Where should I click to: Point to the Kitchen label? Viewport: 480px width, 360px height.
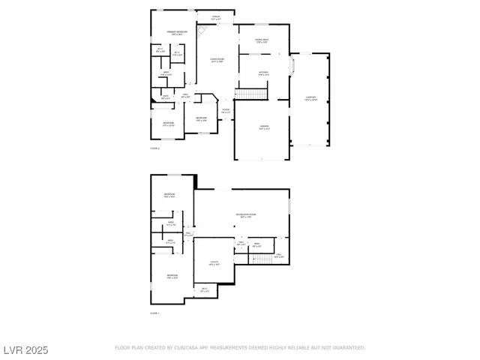(262, 73)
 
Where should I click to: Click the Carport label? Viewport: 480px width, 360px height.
(311, 98)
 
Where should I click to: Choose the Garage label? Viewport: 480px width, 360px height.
(264, 127)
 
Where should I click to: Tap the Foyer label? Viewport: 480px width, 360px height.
(225, 110)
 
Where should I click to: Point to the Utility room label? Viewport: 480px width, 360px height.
(214, 263)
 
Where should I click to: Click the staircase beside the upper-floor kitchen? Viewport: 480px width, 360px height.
(250, 93)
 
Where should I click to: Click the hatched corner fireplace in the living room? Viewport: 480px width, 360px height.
(202, 30)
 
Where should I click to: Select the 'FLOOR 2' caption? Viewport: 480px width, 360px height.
(154, 148)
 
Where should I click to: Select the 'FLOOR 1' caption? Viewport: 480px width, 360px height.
(154, 312)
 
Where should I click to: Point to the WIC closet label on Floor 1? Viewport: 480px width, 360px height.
(204, 291)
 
